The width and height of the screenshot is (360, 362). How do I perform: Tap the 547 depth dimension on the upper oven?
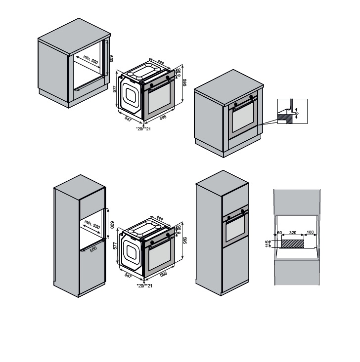point(128,119)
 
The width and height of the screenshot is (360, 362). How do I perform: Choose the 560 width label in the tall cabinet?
point(93,248)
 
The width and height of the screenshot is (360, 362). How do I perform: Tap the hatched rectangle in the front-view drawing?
point(293,242)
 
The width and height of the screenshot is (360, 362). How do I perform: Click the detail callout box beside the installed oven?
point(292,111)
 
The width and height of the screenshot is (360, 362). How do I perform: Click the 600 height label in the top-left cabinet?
point(112,58)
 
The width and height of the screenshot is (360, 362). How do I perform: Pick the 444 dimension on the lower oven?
point(159,218)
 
